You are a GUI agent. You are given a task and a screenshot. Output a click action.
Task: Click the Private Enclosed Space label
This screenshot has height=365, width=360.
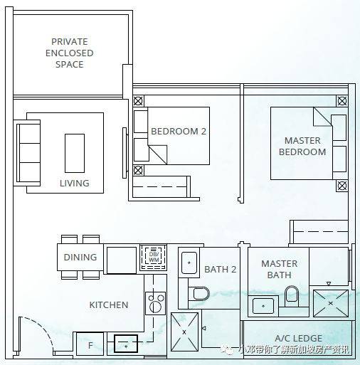coord(69,53)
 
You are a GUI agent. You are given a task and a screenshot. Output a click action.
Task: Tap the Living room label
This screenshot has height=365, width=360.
coord(75,183)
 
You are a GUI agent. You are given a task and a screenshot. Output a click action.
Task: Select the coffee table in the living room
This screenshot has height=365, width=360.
coord(75,153)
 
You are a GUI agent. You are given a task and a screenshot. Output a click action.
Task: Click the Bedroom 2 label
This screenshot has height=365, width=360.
coord(179,131)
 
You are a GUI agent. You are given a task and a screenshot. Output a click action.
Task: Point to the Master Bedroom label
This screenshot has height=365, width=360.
coord(302,146)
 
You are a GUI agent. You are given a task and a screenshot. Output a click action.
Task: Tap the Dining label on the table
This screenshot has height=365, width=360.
coord(80,257)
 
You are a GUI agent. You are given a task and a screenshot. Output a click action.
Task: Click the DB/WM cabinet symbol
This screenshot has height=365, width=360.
coord(154,258)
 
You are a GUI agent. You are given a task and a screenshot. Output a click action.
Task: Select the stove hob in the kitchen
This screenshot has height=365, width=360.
coord(155,303)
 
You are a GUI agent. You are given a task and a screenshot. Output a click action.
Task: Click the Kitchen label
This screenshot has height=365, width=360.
coord(109,305)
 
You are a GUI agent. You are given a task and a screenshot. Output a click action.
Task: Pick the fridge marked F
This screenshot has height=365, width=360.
coord(90,345)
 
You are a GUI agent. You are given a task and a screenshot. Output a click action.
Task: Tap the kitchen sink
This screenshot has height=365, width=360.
coord(126,344)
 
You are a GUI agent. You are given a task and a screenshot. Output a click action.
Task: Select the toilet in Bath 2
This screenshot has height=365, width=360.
coord(198,293)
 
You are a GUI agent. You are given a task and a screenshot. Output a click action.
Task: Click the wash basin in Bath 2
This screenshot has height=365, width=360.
coord(189,263)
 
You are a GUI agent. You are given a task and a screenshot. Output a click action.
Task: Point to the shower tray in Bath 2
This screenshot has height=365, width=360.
coord(184,332)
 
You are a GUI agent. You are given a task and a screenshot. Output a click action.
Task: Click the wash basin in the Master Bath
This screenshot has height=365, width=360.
coord(263,306)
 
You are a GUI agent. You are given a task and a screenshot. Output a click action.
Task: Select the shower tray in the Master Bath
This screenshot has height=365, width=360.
coord(331,303)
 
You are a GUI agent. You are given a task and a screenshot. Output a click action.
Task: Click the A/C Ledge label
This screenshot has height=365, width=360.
coord(298,338)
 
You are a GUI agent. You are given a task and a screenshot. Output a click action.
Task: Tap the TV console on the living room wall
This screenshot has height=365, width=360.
coord(125,153)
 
